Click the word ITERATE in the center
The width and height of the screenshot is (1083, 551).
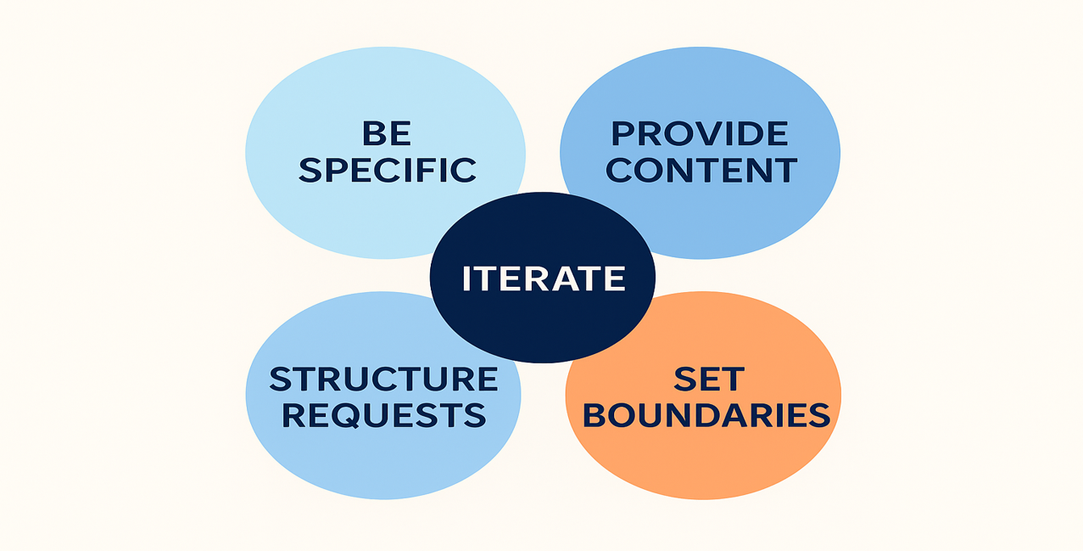click(543, 278)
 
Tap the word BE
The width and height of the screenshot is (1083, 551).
click(387, 134)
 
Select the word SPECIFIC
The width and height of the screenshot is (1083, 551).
click(387, 170)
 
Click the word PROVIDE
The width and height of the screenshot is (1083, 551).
click(701, 134)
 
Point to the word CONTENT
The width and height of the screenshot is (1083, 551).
click(701, 170)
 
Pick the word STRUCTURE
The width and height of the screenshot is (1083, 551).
click(383, 379)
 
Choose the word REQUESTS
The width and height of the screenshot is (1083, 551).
click(383, 415)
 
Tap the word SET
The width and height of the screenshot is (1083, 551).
click(708, 379)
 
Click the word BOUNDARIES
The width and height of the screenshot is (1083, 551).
click(706, 415)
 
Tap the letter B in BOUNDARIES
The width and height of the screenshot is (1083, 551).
click(596, 415)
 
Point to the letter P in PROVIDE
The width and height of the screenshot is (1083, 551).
click(624, 134)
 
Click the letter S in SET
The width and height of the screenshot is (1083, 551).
click(684, 379)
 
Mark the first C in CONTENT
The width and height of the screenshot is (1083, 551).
click(620, 170)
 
